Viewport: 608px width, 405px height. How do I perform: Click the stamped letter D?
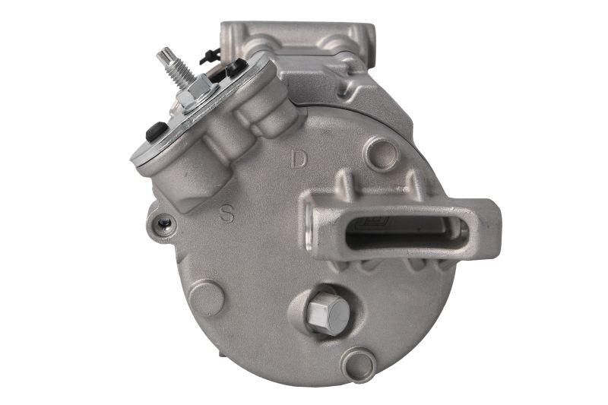click(299, 160)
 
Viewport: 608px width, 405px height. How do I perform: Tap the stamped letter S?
click(227, 212)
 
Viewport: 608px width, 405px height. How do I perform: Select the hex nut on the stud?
click(197, 93)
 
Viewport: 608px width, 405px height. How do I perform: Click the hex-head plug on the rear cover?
click(325, 312)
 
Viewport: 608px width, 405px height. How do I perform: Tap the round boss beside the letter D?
click(382, 154)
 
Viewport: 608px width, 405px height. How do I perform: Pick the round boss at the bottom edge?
click(359, 365)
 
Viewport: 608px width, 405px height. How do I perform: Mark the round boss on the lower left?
click(205, 298)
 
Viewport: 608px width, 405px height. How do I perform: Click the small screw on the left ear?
click(164, 222)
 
